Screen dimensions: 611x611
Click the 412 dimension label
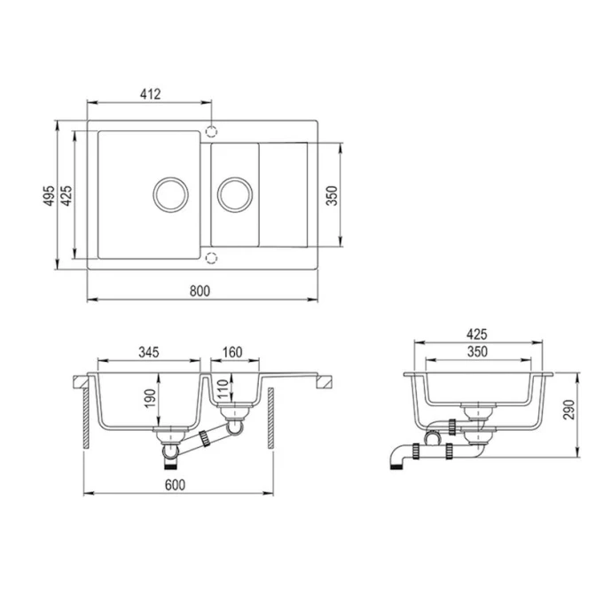(x=148, y=93)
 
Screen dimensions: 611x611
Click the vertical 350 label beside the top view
(x=332, y=196)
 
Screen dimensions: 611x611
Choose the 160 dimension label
(x=232, y=352)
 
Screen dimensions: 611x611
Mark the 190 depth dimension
(x=150, y=399)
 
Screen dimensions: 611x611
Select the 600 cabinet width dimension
(x=176, y=484)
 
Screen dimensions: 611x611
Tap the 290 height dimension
(x=568, y=409)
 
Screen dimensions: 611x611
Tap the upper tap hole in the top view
(x=211, y=132)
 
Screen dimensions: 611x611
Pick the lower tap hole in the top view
(x=211, y=257)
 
